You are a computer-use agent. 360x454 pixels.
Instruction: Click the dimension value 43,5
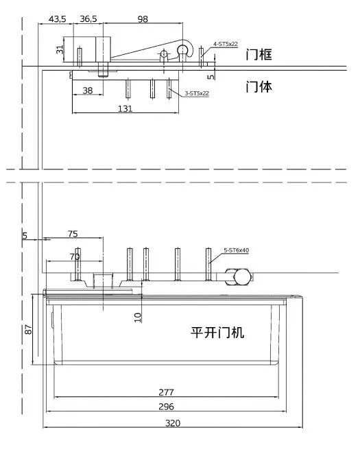pos(57,19)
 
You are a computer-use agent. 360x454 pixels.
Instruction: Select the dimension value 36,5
pos(88,19)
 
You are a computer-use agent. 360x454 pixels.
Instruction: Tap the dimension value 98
pos(143,19)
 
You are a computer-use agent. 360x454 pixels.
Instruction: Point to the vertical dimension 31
pos(60,49)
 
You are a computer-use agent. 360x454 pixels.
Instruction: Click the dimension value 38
pos(88,90)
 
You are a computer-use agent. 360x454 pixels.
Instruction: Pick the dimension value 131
pos(125,108)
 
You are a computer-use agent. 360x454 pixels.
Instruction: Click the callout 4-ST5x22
pos(225,44)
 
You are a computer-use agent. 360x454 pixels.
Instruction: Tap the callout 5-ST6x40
pos(236,250)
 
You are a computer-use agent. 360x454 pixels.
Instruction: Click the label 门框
pos(259,56)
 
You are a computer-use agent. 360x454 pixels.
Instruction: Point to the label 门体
pos(259,87)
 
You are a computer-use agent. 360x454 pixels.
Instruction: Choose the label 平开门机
pos(217,333)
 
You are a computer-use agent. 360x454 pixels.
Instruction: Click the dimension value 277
pos(166,392)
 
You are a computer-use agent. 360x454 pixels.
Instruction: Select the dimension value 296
pos(166,406)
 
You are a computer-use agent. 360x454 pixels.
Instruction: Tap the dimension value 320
pos(173,423)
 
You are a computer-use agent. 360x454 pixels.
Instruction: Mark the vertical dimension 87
pos(28,328)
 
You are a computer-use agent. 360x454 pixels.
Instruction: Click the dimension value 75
pos(72,234)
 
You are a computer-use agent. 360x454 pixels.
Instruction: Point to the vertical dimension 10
pos(138,316)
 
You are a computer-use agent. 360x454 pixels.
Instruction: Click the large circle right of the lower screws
pos(241,277)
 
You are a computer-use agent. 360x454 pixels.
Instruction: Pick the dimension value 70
pos(75,256)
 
